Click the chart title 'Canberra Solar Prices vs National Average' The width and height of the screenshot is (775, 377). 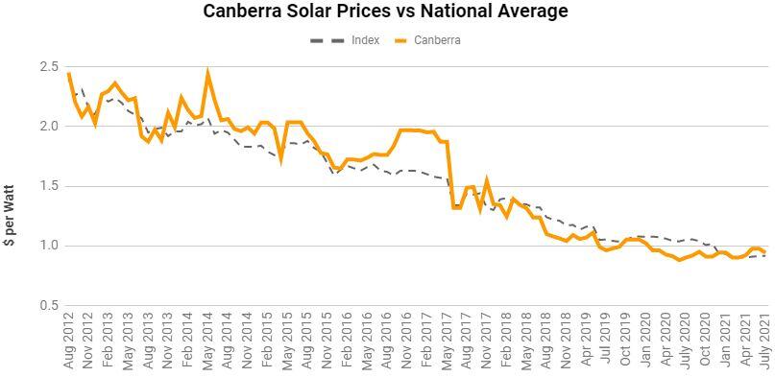click(385, 12)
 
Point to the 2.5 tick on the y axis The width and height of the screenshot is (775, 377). click(49, 66)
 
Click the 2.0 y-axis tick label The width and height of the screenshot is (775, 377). click(49, 127)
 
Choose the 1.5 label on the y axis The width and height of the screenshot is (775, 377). click(49, 186)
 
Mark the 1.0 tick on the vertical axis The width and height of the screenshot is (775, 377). click(49, 246)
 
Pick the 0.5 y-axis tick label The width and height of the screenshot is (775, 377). click(49, 306)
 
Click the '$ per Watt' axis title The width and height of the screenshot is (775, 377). click(9, 215)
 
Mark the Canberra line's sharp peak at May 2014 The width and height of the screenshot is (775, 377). click(207, 73)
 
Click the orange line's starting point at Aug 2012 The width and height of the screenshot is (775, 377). click(69, 74)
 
